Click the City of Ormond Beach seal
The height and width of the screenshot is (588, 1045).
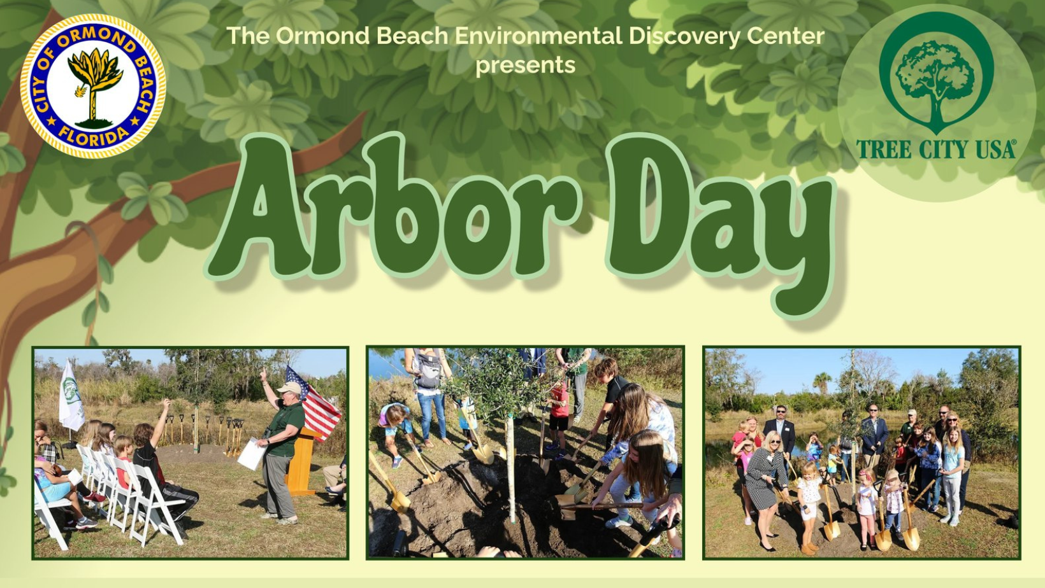click(93, 86)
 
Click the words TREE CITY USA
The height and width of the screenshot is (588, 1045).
click(936, 150)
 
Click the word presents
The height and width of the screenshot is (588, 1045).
click(525, 65)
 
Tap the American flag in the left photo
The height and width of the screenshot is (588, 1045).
click(313, 403)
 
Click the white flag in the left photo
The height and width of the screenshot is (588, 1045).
click(71, 396)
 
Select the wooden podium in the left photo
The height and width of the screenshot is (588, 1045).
click(303, 461)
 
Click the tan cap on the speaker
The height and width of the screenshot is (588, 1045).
click(289, 388)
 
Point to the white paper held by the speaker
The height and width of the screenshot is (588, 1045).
click(251, 453)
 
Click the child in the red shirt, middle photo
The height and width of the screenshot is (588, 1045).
click(558, 410)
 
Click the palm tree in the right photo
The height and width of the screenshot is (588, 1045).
click(822, 382)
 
